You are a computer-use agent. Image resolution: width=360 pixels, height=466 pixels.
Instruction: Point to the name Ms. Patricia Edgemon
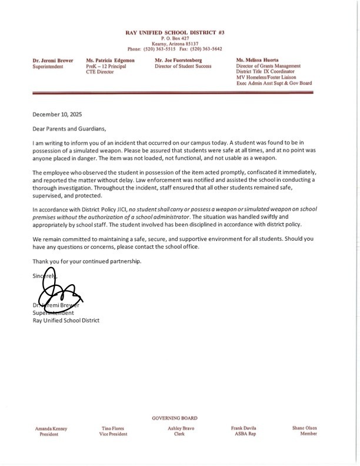tap(109, 61)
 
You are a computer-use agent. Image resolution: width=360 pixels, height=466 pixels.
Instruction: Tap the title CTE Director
tap(100, 72)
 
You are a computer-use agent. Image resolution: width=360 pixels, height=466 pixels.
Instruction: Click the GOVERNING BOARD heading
tap(174, 418)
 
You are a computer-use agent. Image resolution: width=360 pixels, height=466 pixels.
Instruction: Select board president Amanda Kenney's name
tap(52, 428)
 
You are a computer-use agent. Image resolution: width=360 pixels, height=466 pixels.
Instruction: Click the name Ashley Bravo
tap(179, 428)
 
